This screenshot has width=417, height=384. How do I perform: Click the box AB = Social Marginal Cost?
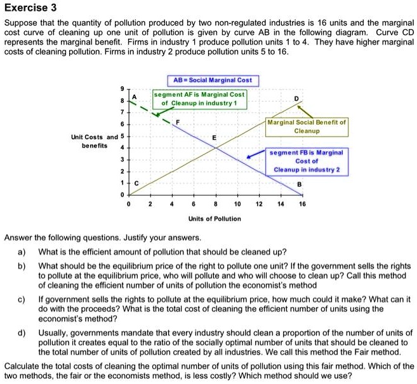tap(213, 80)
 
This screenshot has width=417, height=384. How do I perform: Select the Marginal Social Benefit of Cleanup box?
tap(307, 126)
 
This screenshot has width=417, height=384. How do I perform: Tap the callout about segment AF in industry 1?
tap(199, 99)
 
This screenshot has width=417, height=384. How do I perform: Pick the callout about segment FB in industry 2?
tap(307, 161)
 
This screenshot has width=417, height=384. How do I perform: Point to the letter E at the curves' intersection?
tap(215, 138)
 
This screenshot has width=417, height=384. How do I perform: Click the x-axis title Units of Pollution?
tap(215, 219)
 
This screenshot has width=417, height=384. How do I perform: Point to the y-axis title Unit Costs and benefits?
tap(94, 141)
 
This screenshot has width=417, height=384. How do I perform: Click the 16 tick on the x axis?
tap(302, 205)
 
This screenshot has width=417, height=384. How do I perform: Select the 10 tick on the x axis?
tap(237, 205)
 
